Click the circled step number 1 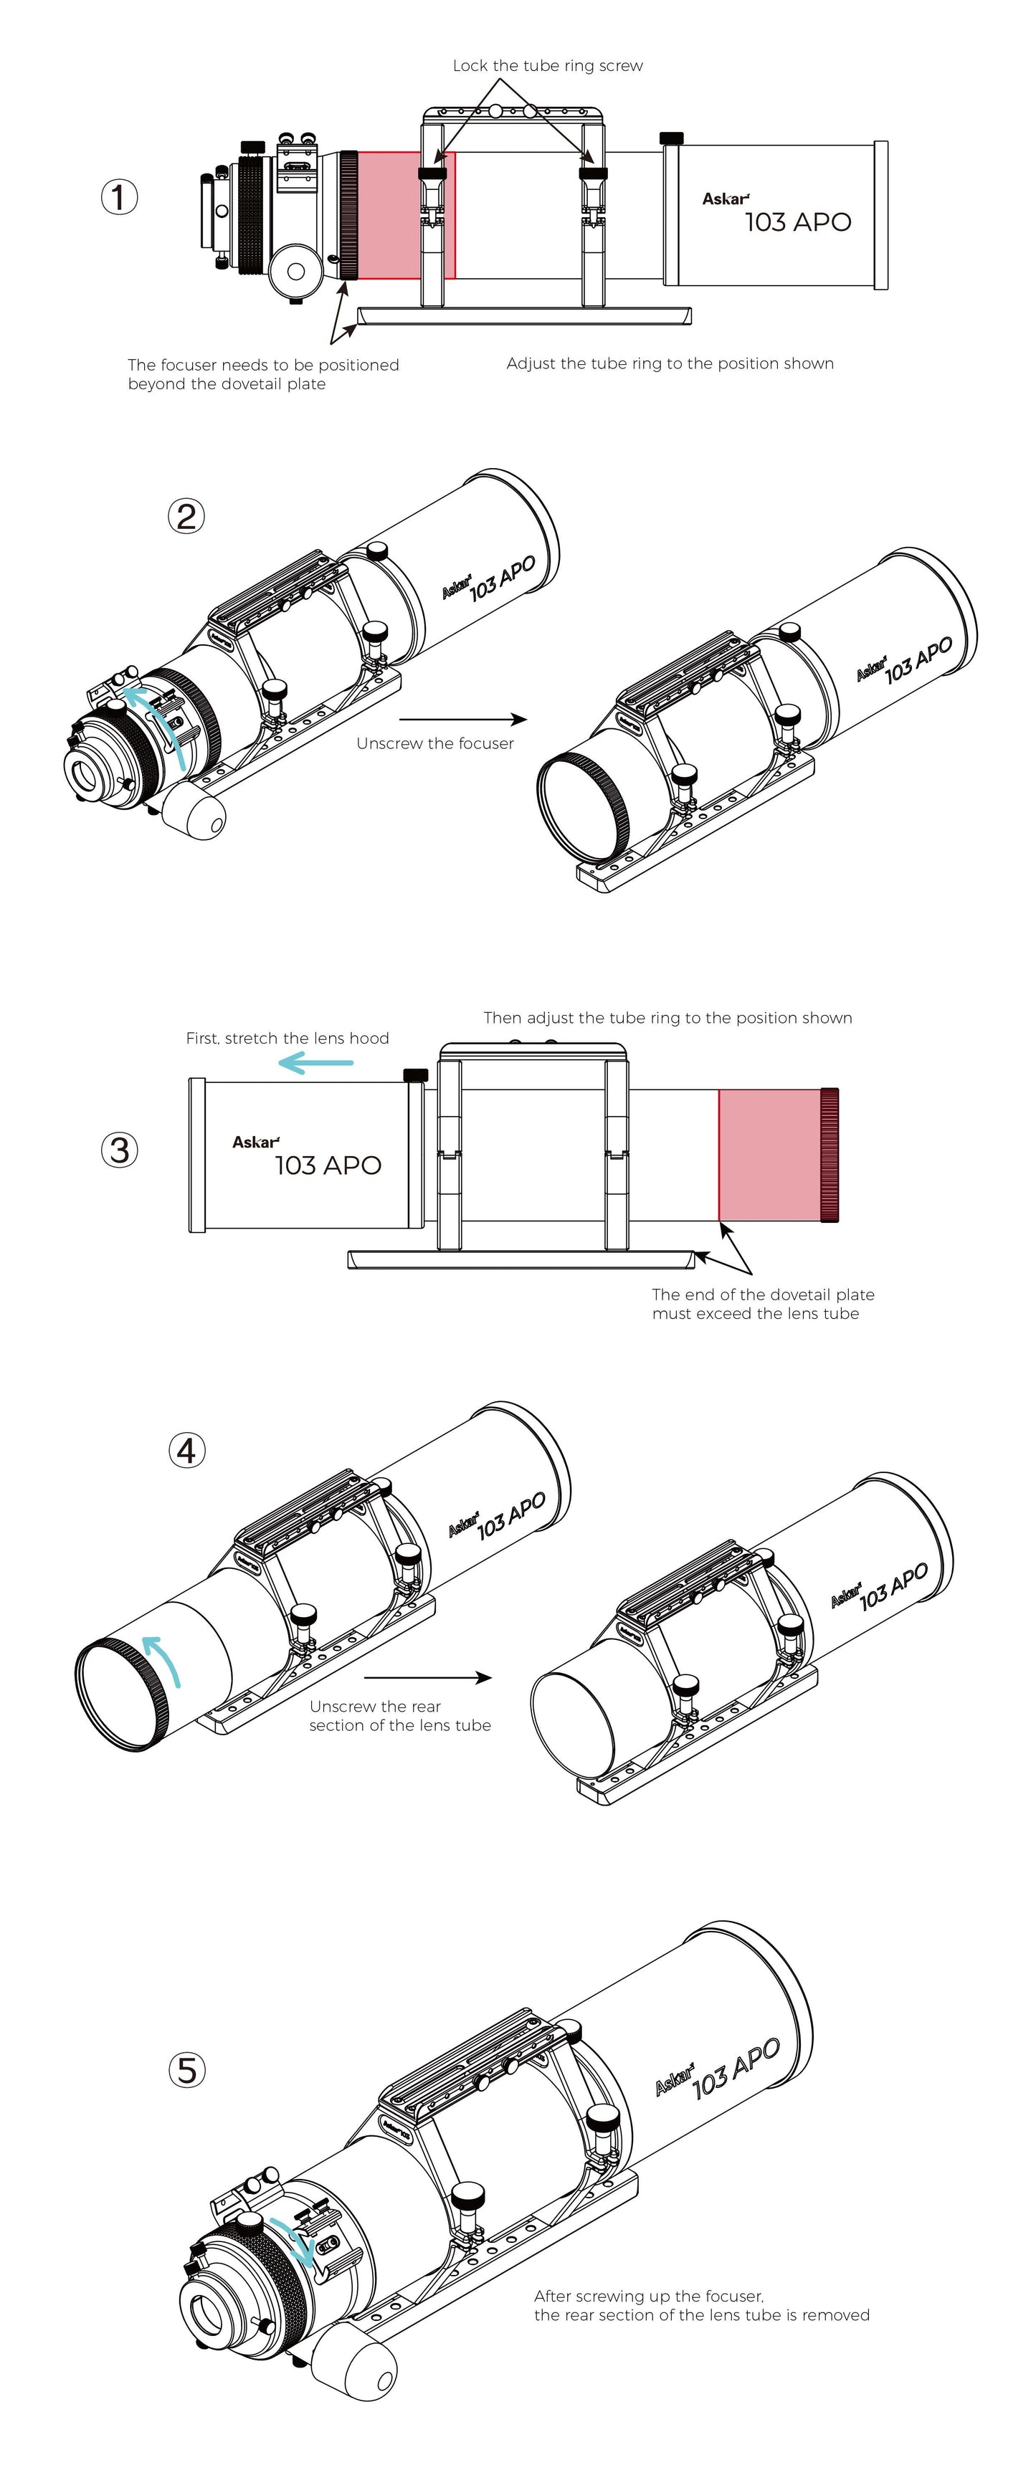click(119, 198)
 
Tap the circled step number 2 click(186, 517)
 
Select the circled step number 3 click(119, 1150)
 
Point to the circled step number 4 click(186, 1451)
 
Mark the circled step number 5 click(186, 2070)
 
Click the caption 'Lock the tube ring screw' click(548, 66)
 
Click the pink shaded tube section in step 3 click(769, 1155)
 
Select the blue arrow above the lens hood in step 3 click(315, 1062)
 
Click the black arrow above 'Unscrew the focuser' click(462, 719)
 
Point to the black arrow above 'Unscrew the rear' click(428, 1678)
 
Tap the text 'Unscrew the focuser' click(434, 743)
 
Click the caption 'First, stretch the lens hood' click(287, 1039)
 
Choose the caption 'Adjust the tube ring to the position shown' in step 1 click(670, 363)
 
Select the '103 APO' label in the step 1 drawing click(797, 222)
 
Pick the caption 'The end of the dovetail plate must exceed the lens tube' click(763, 1304)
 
